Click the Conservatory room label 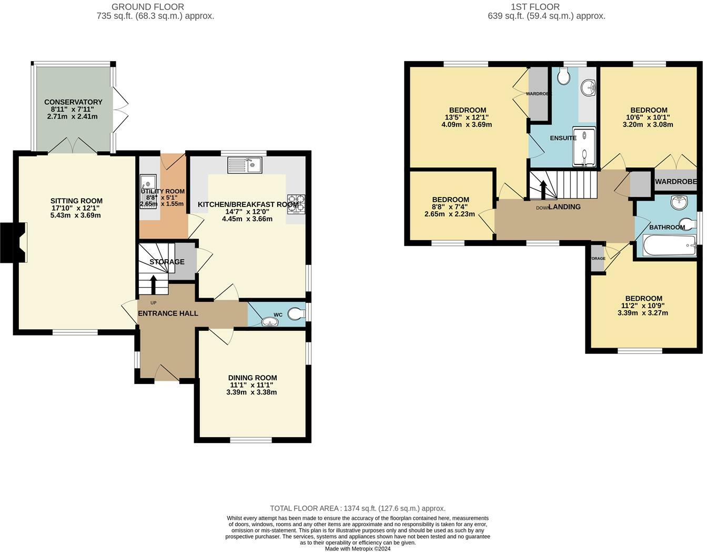click(73, 102)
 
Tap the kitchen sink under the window click(245, 165)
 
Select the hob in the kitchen click(296, 204)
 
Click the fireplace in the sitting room click(14, 242)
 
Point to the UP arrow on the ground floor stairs click(154, 284)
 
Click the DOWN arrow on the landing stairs click(543, 189)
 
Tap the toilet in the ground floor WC click(296, 314)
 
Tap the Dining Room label click(252, 378)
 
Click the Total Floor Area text click(357, 508)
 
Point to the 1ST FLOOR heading click(535, 7)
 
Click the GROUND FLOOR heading click(148, 7)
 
